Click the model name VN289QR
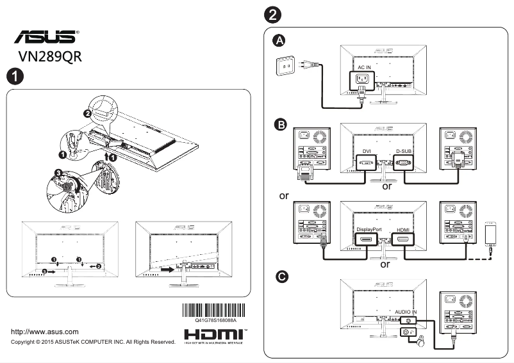51,56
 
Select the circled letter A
279,42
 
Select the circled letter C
280,277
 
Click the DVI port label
367,152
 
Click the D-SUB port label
404,152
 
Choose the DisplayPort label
369,229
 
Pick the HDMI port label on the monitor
403,229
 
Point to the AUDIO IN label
406,311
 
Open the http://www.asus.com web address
45,332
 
